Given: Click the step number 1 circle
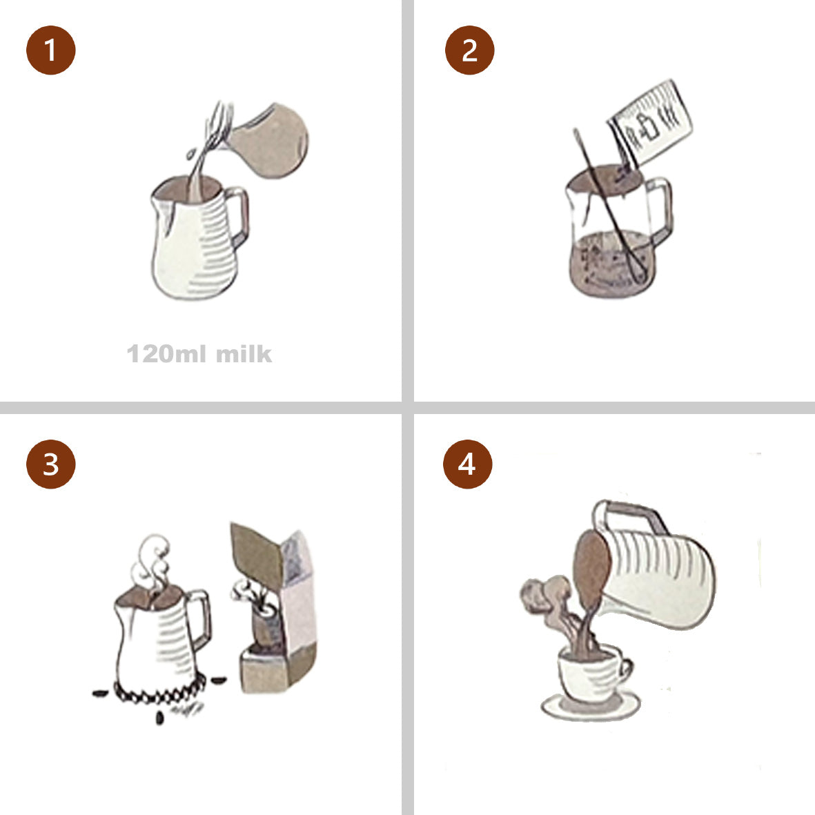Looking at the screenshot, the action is (x=50, y=50).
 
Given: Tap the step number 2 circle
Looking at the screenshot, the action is (x=469, y=50).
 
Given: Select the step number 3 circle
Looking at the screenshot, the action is (x=50, y=464).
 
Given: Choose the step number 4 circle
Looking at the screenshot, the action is (x=467, y=464).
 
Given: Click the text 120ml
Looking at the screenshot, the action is (x=166, y=354).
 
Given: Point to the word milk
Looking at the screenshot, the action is (x=244, y=354).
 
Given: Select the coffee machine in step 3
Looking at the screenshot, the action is (x=273, y=608).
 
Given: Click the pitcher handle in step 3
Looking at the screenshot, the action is (x=200, y=618).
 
